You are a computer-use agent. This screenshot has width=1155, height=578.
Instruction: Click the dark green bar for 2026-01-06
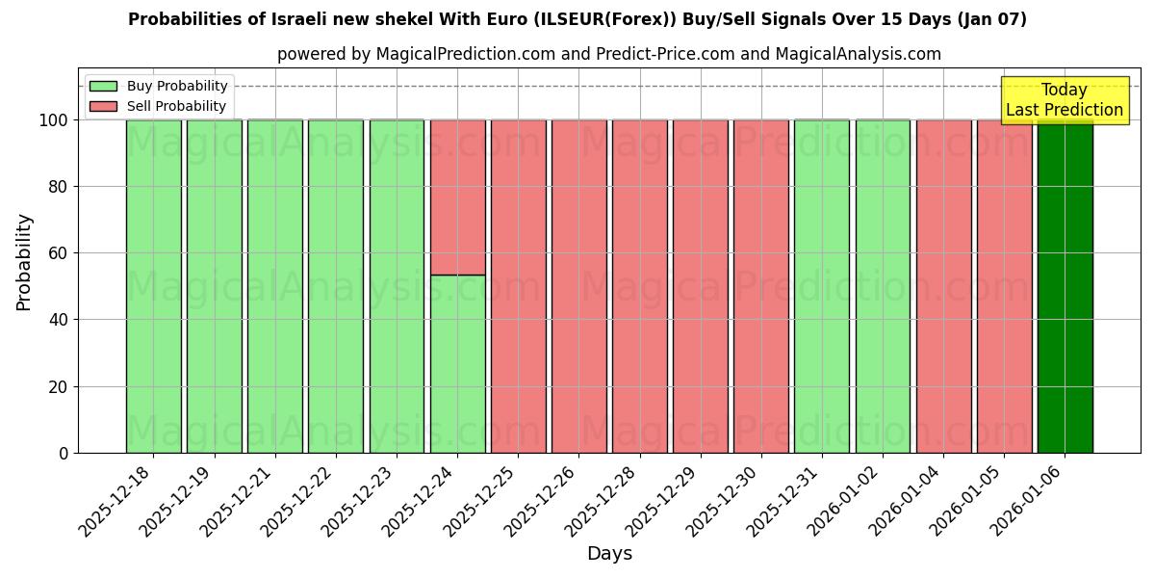click(1065, 289)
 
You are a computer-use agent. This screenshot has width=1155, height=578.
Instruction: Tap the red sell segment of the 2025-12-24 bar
click(457, 197)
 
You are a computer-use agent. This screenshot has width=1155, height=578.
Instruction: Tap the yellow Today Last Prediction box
click(1065, 100)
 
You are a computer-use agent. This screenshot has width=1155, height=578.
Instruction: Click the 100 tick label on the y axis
click(53, 120)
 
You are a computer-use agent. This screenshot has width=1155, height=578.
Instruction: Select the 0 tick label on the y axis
click(64, 453)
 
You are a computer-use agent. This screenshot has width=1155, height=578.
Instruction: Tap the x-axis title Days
click(609, 554)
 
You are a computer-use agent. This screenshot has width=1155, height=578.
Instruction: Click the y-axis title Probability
click(24, 261)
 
